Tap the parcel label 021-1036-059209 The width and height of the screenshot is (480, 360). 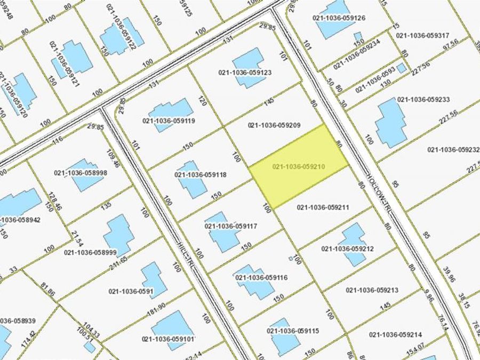275,125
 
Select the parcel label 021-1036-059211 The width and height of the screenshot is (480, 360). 323,207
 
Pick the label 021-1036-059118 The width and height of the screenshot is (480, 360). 201,174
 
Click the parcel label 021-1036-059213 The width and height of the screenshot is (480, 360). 372,290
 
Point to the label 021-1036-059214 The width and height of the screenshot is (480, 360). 395,334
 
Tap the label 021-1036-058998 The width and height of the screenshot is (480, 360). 81,173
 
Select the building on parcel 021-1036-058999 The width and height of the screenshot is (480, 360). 119,235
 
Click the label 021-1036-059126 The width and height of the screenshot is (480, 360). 340,18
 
